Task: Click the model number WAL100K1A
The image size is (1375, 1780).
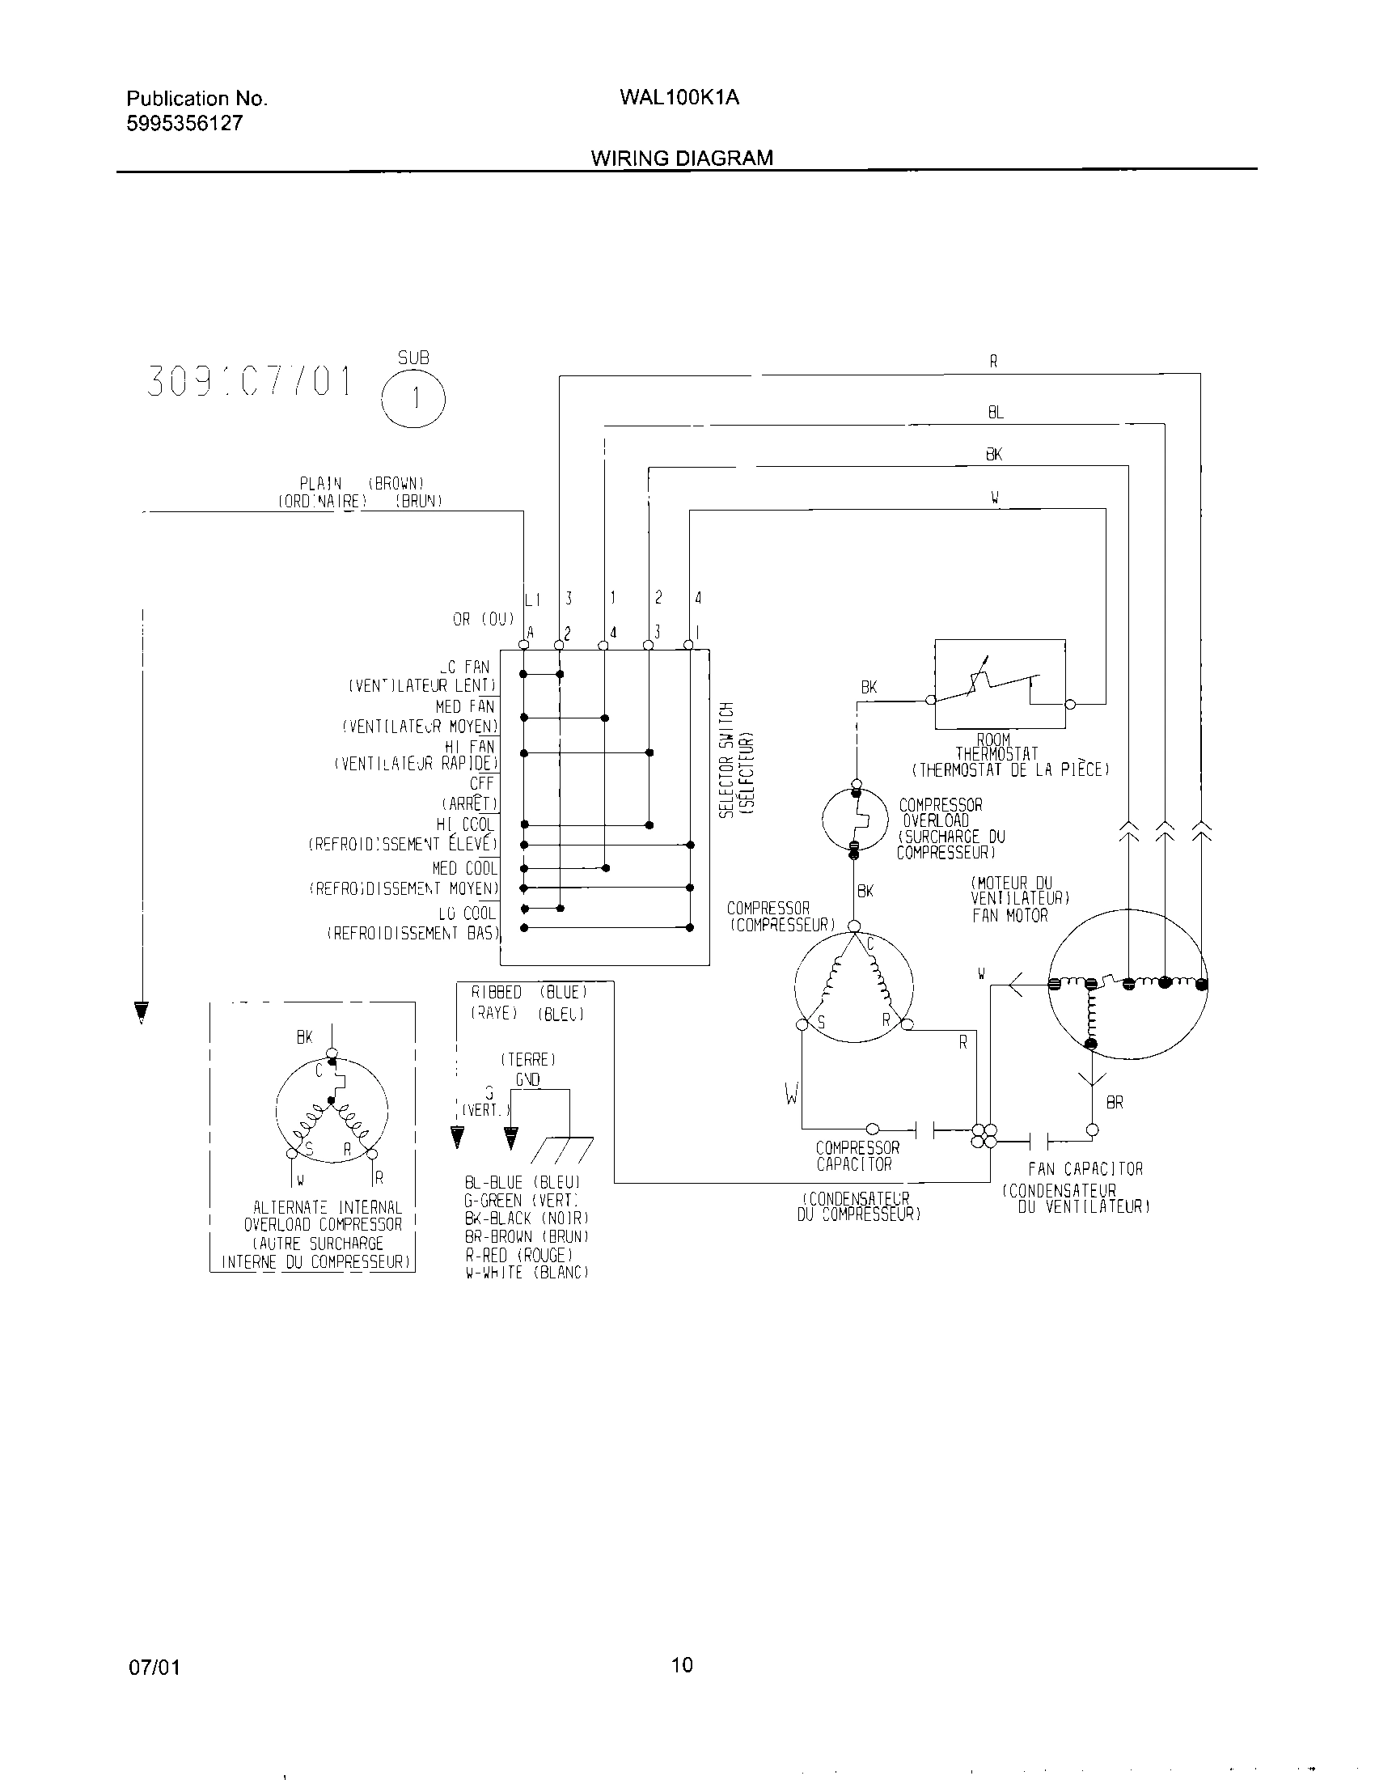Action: click(679, 98)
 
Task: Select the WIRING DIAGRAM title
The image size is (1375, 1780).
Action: click(682, 158)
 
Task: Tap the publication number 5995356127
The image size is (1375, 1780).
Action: click(184, 123)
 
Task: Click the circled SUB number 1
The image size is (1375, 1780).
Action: click(415, 399)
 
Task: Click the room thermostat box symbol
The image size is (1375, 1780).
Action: click(1000, 683)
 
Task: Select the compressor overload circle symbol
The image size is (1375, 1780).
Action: click(854, 820)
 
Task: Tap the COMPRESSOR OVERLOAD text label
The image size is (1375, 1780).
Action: click(941, 812)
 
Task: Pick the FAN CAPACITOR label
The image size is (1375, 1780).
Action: click(1085, 1170)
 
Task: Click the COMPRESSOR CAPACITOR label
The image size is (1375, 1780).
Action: click(857, 1156)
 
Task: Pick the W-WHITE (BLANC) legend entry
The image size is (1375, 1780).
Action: click(527, 1272)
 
